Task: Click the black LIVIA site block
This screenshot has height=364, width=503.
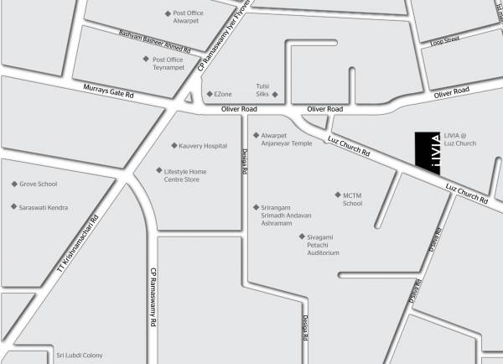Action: click(x=428, y=152)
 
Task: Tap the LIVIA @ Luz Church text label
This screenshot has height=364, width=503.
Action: click(x=459, y=139)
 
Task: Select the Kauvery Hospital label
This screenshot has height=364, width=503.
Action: click(x=203, y=146)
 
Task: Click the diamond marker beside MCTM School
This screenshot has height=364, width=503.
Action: click(x=336, y=195)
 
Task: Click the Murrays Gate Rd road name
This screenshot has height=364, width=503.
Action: click(x=109, y=90)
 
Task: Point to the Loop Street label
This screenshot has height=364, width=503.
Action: click(x=444, y=40)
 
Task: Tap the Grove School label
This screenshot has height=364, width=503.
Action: click(x=39, y=184)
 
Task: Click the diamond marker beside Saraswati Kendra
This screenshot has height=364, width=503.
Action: click(x=13, y=206)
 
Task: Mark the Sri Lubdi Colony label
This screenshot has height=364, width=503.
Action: click(x=79, y=356)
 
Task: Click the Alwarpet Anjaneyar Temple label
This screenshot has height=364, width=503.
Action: click(x=286, y=139)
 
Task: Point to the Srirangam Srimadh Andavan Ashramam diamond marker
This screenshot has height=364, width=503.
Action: click(x=256, y=207)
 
